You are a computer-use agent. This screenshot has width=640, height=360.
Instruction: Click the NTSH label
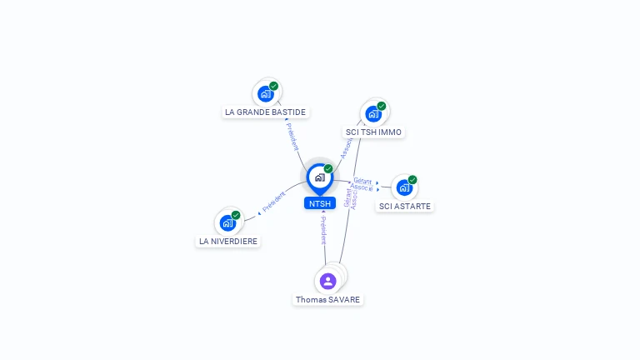[320, 203]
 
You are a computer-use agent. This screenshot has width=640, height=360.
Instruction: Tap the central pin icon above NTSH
[319, 177]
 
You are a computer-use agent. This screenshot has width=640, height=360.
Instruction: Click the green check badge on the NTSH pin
[328, 169]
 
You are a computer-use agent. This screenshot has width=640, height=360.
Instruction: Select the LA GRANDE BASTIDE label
[265, 112]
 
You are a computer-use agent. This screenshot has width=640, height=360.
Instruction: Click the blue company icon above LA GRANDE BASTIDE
[265, 94]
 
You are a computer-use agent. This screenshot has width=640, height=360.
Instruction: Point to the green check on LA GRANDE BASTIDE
[273, 87]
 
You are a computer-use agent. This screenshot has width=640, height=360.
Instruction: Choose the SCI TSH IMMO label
[373, 132]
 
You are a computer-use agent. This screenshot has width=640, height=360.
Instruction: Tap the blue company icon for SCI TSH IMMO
[372, 113]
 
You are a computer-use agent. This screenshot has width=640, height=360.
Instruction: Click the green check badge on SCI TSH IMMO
[382, 106]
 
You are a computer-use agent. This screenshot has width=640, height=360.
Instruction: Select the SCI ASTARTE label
[405, 206]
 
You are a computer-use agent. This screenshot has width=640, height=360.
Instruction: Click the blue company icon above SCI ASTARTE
[404, 187]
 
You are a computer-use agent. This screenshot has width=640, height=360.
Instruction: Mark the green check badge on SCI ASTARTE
[412, 180]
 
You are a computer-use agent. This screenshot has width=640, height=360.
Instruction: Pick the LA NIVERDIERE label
[228, 241]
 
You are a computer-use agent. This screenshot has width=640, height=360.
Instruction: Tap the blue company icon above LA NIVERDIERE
[227, 223]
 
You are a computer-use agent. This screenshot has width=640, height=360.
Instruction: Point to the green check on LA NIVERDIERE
[236, 215]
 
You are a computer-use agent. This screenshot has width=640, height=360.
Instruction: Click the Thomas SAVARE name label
[329, 299]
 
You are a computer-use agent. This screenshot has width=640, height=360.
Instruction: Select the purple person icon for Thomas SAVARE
[327, 281]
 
